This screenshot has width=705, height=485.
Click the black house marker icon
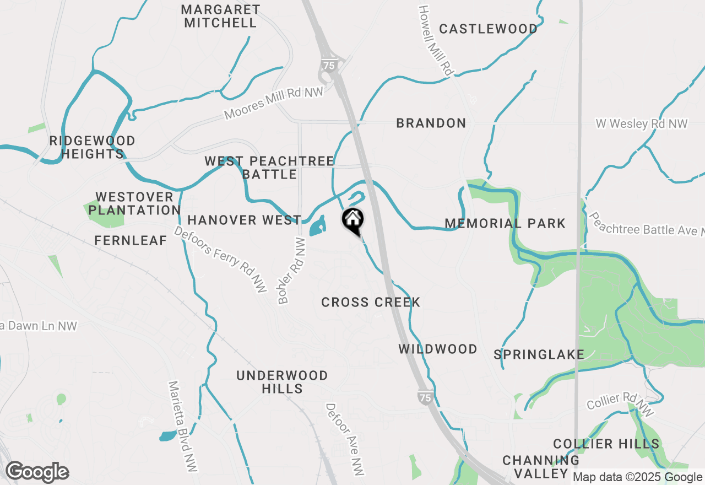point(352,220)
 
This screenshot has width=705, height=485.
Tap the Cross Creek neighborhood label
point(371,302)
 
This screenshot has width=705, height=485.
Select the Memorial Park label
point(505,223)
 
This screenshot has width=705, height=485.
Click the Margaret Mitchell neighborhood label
point(220,17)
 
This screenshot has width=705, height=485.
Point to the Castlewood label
point(488,29)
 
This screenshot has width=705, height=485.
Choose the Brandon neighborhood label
point(431,123)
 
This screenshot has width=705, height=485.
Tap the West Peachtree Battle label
point(269,168)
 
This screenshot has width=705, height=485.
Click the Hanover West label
point(244,220)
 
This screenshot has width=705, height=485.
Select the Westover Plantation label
point(134,203)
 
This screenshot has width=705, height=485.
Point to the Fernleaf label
point(131,240)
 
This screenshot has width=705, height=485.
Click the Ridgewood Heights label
point(93,147)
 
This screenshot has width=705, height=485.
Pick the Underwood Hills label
point(282,382)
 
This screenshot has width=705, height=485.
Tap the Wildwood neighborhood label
point(438,349)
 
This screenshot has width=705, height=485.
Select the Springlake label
point(539,354)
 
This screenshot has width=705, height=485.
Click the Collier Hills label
point(606,444)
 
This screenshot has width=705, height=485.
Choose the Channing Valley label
point(541,467)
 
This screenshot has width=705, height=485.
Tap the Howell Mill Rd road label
point(436,41)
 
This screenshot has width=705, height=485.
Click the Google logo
point(37,472)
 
